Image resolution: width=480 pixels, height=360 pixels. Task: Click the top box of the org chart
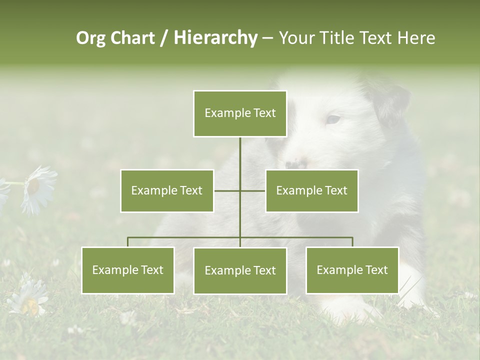240,113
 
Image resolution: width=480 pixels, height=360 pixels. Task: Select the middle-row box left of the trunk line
167,190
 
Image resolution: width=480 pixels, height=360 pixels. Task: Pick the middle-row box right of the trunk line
311,190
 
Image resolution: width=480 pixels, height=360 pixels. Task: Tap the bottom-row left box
128,270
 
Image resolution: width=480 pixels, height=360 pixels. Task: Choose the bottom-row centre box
240,270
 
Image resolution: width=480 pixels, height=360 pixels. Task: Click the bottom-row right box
352,270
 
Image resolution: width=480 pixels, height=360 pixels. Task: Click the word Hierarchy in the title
215,38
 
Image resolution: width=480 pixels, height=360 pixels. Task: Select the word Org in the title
90,38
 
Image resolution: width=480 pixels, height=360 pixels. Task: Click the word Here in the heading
416,38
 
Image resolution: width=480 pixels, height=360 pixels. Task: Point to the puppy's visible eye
333,119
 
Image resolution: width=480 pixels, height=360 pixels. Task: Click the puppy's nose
294,163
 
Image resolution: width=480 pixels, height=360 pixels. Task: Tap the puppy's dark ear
392,102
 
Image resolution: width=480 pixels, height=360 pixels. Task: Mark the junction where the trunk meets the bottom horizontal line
240,237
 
